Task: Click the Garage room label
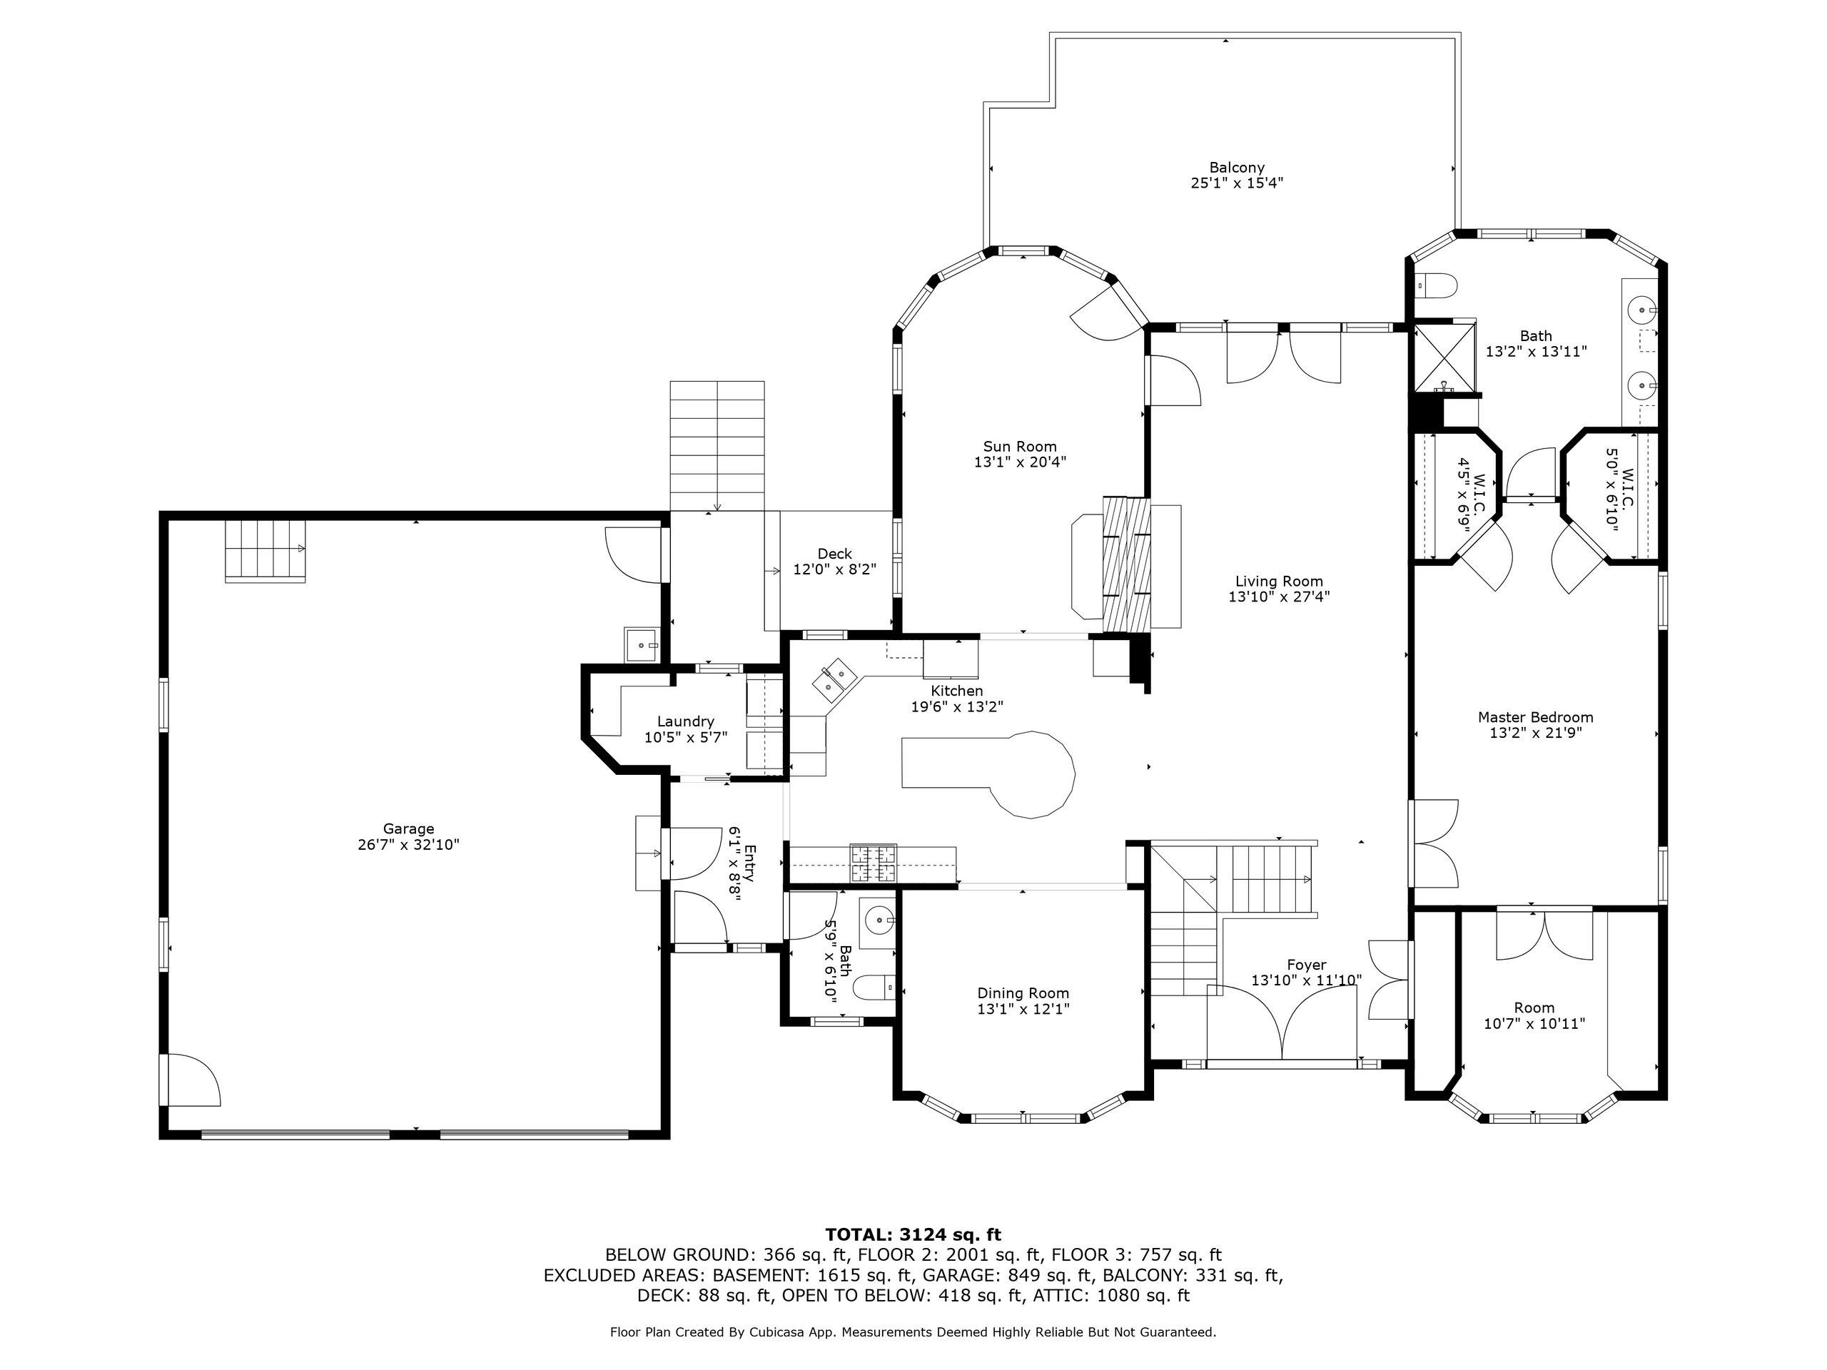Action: pos(408,829)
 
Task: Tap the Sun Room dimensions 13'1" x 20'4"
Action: pos(1020,462)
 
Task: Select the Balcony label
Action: pos(1237,168)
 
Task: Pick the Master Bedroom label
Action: pos(1535,717)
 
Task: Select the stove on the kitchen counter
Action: pos(874,864)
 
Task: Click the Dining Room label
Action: pos(1023,993)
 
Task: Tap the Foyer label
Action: pos(1307,965)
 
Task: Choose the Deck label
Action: pos(835,554)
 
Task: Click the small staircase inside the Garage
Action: pos(265,552)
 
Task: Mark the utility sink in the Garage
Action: pos(642,645)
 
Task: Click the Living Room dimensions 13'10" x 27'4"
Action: pos(1280,597)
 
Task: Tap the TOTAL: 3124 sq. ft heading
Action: pos(913,1234)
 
